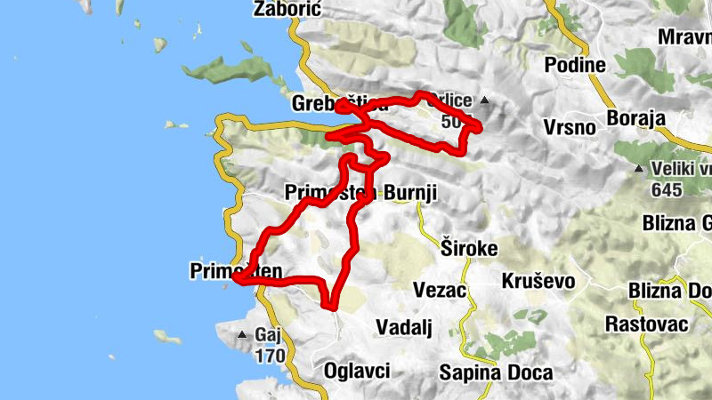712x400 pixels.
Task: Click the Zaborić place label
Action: point(287,10)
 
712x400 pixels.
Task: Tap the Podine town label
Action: point(575,65)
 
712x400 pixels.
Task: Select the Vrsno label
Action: point(570,126)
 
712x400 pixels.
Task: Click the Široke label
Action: point(469,247)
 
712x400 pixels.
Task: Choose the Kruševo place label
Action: point(538,282)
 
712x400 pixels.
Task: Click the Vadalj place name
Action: point(403,327)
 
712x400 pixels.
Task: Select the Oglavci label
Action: point(357,371)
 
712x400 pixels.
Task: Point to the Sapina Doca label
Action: point(496,372)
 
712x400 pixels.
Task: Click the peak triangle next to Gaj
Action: point(241,335)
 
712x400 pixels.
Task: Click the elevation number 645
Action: point(667,188)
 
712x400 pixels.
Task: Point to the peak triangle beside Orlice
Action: point(484,100)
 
